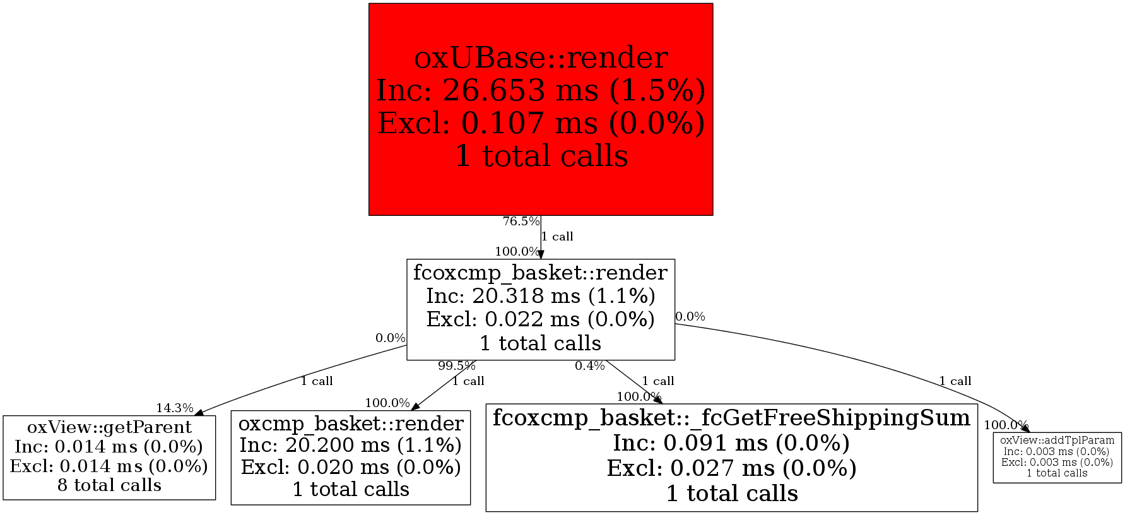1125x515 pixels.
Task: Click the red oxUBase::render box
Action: (541, 109)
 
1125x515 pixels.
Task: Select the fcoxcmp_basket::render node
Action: (541, 309)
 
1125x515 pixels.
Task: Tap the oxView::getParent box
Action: (109, 458)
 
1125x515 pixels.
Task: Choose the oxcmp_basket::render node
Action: (351, 458)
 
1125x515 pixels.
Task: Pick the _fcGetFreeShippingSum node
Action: (731, 458)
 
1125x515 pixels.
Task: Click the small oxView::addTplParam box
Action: (1057, 458)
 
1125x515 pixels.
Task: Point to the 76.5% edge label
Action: (521, 222)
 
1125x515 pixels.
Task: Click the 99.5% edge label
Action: (456, 366)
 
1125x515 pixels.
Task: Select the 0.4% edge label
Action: (589, 366)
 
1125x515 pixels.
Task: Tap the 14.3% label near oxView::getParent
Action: (174, 408)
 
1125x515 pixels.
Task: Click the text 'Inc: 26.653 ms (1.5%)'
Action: (541, 91)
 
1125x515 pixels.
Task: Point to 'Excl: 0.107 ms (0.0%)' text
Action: (541, 124)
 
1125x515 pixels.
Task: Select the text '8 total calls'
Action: (109, 485)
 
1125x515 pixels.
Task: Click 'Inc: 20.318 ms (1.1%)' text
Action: (541, 295)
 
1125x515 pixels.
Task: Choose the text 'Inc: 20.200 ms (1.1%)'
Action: (351, 446)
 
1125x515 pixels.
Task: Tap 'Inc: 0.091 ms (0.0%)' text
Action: (731, 444)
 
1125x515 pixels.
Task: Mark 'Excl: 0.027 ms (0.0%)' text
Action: (731, 468)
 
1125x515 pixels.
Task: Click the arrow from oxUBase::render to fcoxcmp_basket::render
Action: (541, 237)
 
